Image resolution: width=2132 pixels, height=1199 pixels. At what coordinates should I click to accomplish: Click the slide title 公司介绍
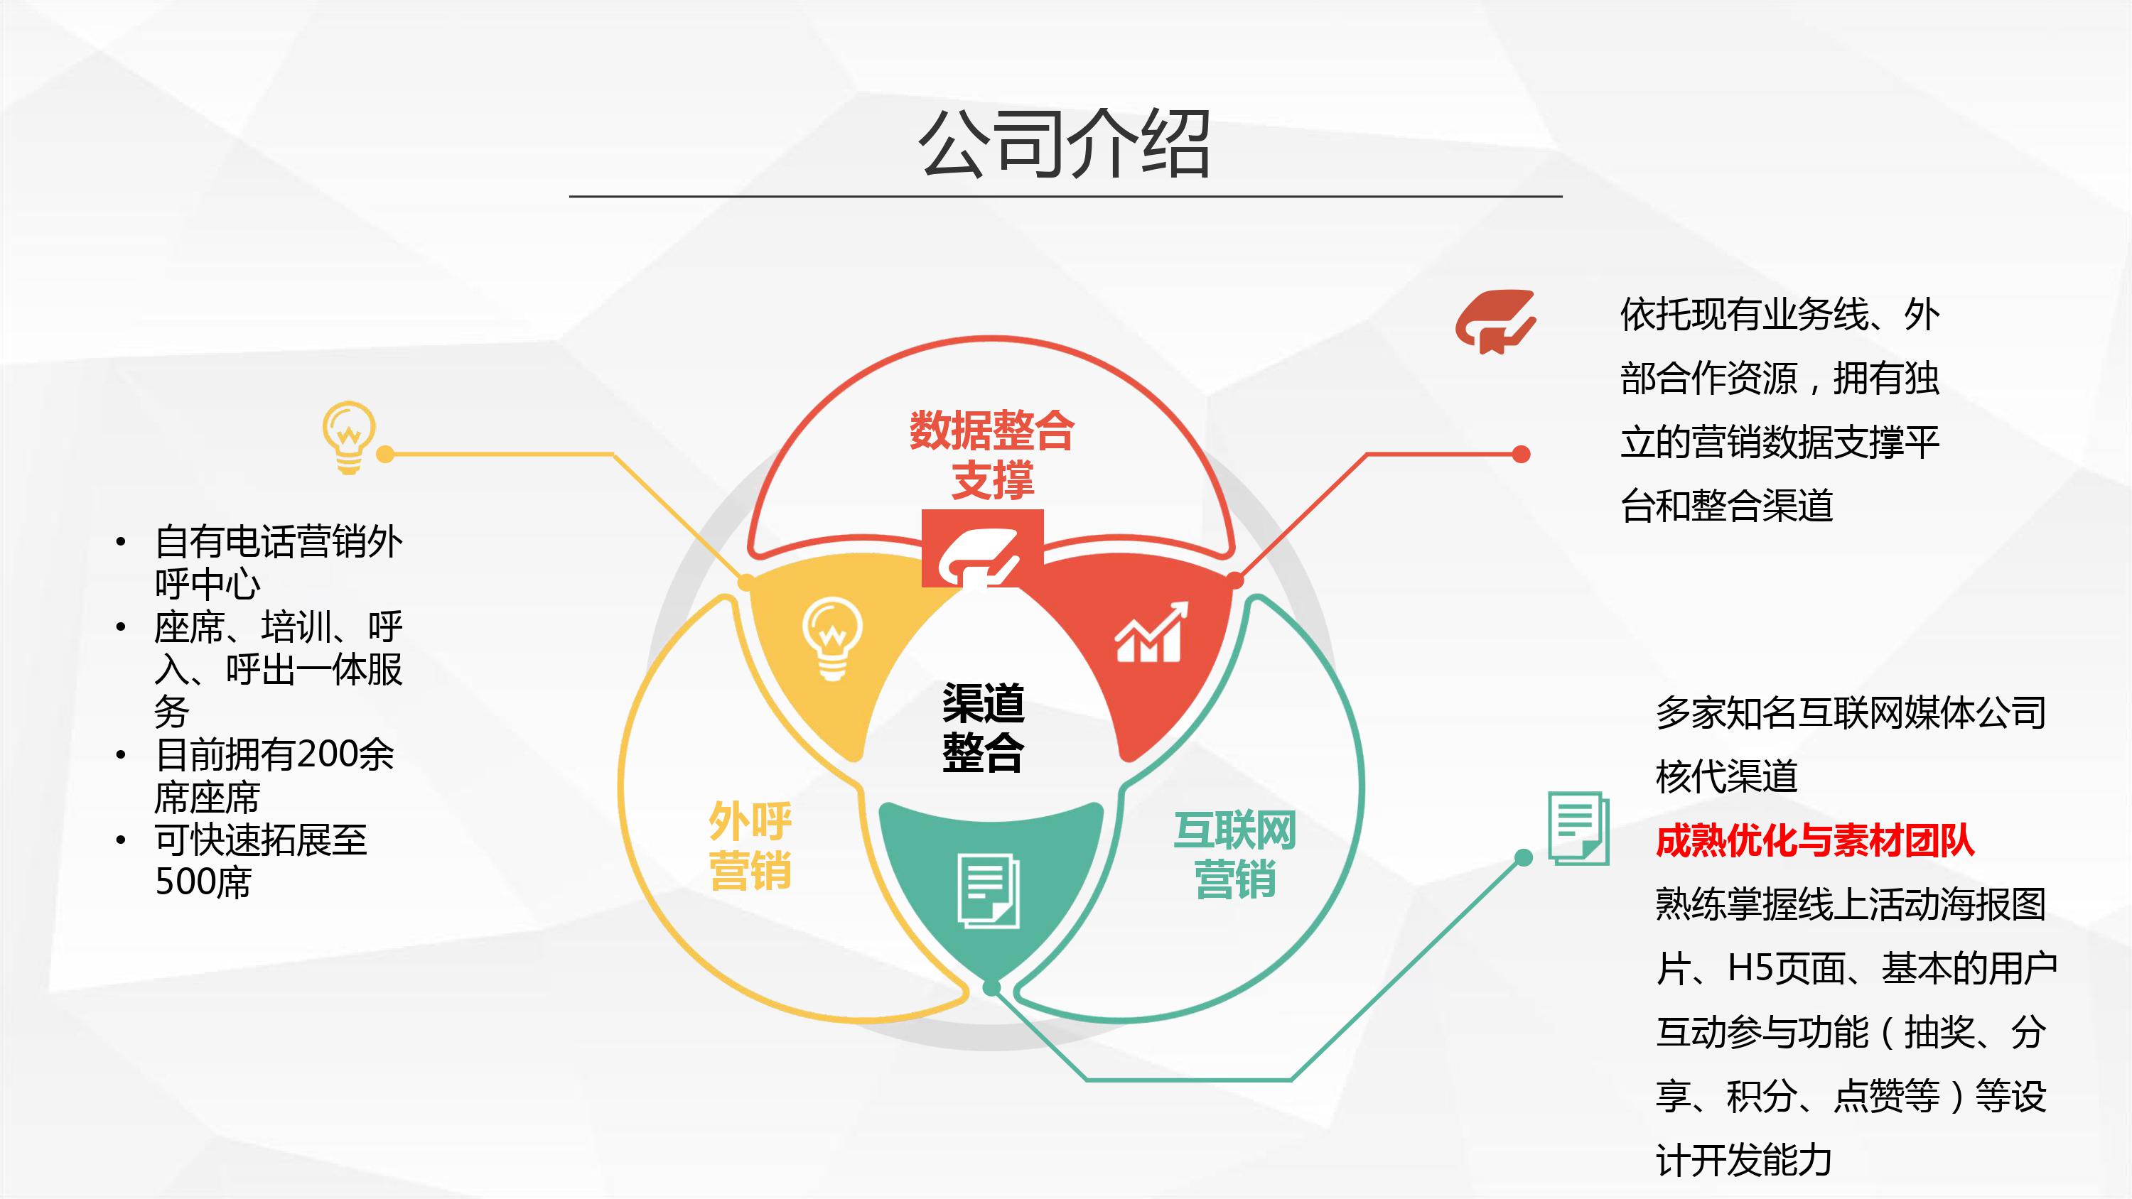[x=1065, y=145]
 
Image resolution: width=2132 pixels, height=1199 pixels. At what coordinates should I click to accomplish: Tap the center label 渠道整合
[x=984, y=727]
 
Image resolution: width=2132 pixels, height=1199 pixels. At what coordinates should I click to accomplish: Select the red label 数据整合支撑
[x=992, y=455]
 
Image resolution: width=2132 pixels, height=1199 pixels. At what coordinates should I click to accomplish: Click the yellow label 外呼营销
[x=750, y=846]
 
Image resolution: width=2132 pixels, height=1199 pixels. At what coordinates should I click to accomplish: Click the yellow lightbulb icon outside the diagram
[x=348, y=438]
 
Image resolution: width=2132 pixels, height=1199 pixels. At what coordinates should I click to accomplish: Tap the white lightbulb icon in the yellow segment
[x=831, y=638]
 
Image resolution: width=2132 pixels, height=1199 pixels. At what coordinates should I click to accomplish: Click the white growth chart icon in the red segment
[x=1150, y=632]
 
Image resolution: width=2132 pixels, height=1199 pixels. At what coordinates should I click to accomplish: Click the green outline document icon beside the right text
[x=1578, y=828]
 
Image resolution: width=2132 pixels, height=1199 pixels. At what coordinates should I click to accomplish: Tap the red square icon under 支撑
[x=982, y=548]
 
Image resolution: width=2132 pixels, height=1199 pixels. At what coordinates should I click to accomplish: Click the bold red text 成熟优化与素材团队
[x=1815, y=842]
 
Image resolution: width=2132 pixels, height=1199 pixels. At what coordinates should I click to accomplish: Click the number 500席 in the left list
[x=203, y=882]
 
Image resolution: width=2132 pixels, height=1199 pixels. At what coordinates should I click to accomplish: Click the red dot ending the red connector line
[x=1522, y=455]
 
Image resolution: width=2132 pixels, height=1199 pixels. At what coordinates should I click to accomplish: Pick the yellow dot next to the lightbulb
[x=385, y=455]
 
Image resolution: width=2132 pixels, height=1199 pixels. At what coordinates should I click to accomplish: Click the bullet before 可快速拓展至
[x=121, y=841]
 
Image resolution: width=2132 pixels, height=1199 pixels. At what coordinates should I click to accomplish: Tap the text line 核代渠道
[x=1726, y=776]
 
